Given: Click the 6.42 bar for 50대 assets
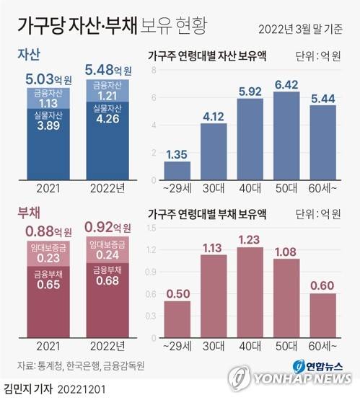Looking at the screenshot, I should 286,135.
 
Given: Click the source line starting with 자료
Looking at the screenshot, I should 81,365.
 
